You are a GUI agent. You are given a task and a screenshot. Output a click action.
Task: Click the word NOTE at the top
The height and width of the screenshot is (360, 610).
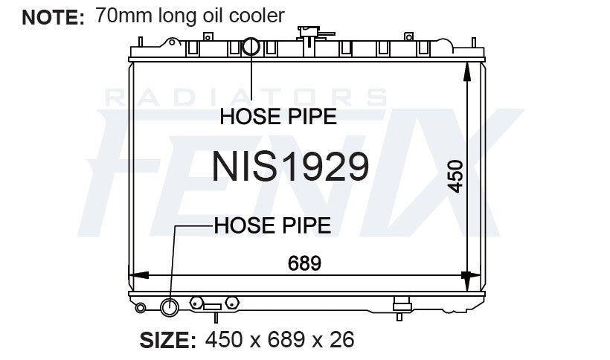click(53, 17)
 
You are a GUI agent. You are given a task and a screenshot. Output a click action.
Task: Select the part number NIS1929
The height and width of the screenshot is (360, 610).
click(290, 166)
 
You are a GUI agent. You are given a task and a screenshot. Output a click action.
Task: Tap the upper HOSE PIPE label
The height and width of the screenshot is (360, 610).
click(277, 116)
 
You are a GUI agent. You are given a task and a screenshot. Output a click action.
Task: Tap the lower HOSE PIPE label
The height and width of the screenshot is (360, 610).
click(272, 225)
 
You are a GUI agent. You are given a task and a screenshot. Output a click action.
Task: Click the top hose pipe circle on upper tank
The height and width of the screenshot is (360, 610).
click(251, 48)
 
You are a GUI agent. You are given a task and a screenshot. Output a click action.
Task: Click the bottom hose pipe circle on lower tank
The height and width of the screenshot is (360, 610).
click(170, 306)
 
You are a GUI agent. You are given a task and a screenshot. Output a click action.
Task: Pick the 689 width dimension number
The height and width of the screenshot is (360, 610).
click(304, 263)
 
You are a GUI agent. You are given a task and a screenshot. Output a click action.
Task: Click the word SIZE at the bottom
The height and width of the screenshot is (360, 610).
click(168, 341)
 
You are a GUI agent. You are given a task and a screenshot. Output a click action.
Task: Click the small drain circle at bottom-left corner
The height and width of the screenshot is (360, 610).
click(139, 306)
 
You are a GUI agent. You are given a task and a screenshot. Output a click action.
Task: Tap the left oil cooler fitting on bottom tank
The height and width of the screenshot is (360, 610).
click(196, 303)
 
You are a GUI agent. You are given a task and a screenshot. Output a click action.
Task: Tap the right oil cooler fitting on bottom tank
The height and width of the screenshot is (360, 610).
click(231, 303)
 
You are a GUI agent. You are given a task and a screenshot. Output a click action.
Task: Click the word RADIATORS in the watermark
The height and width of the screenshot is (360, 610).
click(245, 97)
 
